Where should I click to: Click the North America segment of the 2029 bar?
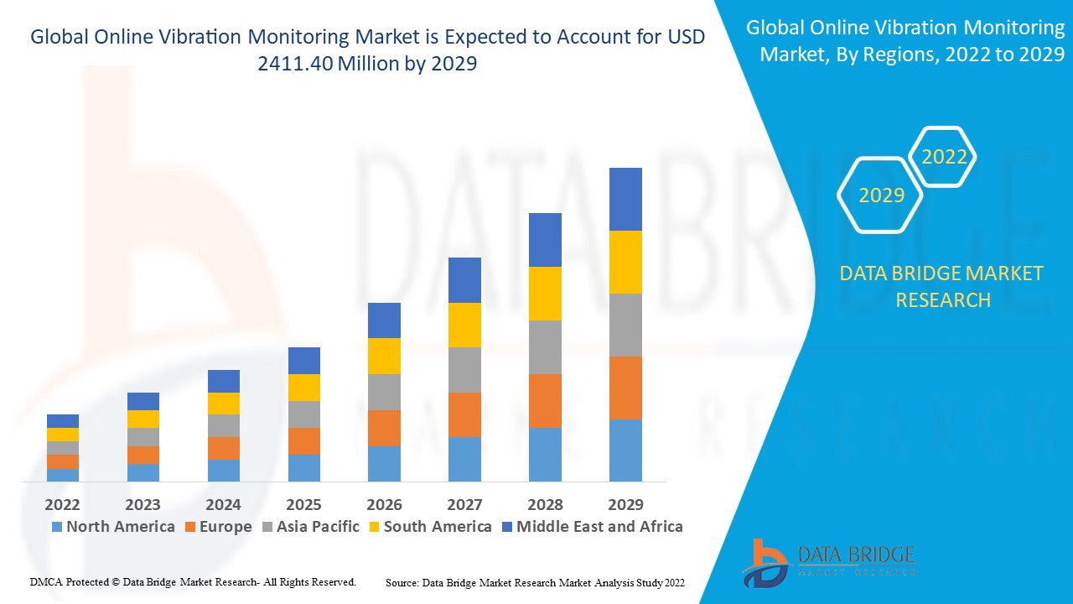coord(625,450)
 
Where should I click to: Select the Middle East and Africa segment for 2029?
coord(625,199)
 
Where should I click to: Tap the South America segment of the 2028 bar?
coord(545,294)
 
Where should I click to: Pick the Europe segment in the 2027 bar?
coord(464,414)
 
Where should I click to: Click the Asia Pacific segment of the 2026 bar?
coord(384,392)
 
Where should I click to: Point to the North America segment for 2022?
coord(63,475)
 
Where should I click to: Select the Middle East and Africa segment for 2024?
coord(223,381)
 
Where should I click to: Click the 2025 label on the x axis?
coord(303,504)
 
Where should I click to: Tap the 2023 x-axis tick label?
coord(143,504)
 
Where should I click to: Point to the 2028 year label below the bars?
coord(545,504)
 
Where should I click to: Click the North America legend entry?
coord(112,527)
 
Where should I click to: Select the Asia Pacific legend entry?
coord(312,527)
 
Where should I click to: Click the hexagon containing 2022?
coord(944,157)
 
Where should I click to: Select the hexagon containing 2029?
coord(881,195)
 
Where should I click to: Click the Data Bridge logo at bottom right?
coord(827,562)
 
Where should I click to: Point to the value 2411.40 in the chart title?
coord(298,63)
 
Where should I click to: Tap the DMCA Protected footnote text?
coord(194,581)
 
